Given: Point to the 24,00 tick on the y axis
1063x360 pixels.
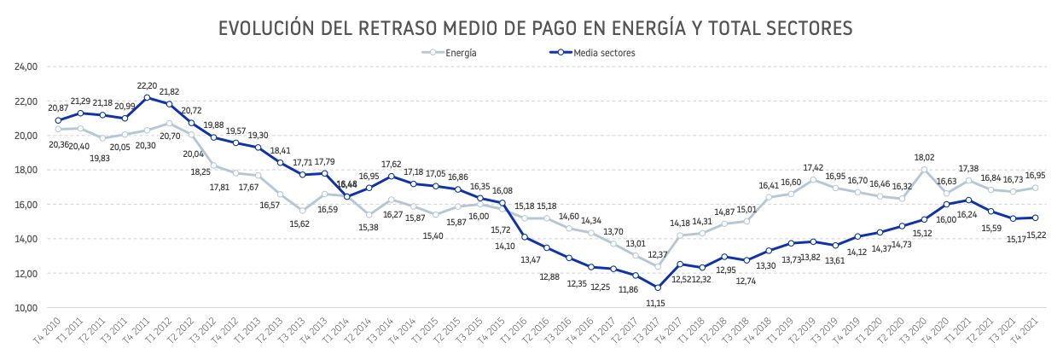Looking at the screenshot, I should [26, 66].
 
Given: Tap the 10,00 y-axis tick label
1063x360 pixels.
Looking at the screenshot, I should [26, 308].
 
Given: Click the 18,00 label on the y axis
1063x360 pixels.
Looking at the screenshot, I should [26, 170].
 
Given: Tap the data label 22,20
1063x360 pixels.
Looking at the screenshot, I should [147, 85].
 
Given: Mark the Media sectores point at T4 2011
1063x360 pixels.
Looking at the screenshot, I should [147, 98].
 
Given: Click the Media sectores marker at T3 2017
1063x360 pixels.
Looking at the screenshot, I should [659, 287].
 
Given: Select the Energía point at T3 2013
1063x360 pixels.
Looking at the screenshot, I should [303, 211].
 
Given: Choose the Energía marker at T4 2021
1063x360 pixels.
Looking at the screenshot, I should [1035, 188].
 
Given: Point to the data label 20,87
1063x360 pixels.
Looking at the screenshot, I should [58, 108].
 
